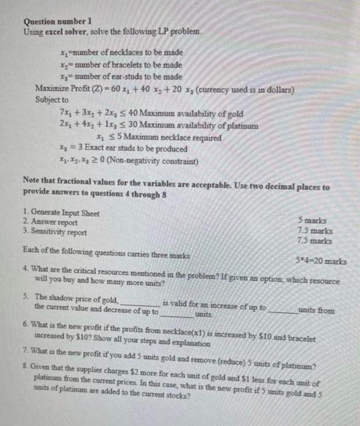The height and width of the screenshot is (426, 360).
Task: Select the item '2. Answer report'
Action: [x=52, y=222]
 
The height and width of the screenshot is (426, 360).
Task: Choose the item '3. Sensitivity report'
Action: [x=58, y=232]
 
